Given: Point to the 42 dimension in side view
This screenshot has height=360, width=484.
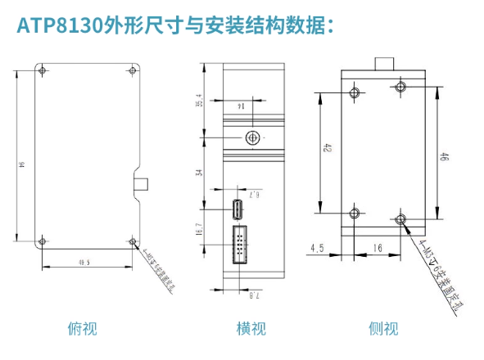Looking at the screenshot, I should click(328, 149).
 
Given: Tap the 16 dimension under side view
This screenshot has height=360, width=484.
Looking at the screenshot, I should click(378, 246).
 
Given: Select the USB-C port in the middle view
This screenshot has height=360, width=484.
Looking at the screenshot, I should click(237, 209).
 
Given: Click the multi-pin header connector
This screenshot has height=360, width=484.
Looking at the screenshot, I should click(242, 249).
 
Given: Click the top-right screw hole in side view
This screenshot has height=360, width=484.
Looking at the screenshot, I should click(400, 88).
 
